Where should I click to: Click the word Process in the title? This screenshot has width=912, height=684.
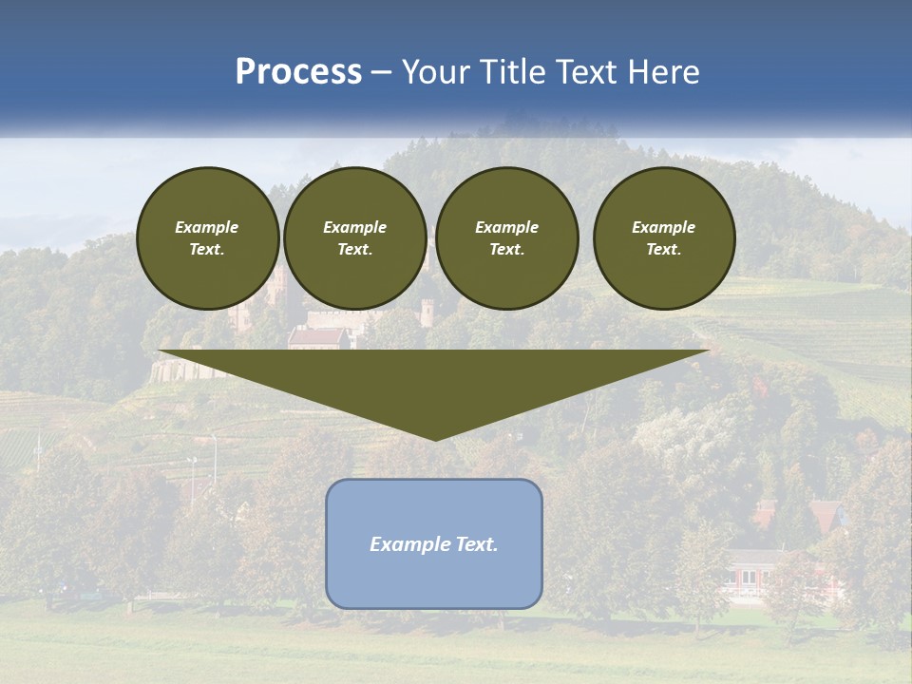click(298, 72)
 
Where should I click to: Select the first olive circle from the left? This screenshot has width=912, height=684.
click(207, 238)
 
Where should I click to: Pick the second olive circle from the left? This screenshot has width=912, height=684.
click(354, 238)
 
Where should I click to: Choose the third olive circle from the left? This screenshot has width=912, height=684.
click(506, 238)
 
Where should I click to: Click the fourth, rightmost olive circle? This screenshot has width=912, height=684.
click(663, 238)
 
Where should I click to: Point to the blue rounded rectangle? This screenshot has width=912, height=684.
click(434, 579)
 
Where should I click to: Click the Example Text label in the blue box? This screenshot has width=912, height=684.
click(434, 544)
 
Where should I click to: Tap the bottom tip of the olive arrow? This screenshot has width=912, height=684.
click(435, 438)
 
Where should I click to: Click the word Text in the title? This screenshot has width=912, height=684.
click(586, 72)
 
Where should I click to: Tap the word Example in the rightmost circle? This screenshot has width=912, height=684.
click(663, 227)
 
